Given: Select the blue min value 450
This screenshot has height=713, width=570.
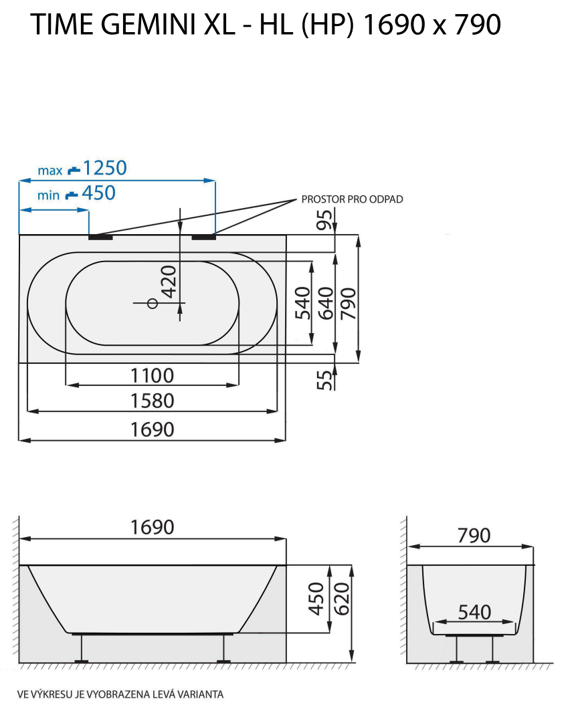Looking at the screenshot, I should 98,193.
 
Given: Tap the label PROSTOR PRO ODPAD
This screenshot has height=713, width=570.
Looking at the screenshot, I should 352,199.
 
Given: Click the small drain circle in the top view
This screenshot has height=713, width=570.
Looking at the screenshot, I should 152,304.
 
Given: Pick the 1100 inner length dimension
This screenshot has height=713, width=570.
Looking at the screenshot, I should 152,376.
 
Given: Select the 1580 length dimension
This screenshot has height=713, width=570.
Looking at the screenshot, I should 152,401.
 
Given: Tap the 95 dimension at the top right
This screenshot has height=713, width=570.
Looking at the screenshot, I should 325,219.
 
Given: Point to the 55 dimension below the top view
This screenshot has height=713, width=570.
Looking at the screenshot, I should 325,380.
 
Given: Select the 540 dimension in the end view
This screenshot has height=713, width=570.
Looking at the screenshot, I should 475,611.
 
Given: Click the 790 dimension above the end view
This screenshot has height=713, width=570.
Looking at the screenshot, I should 474,536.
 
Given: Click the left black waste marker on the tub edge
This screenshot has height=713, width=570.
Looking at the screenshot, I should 101,235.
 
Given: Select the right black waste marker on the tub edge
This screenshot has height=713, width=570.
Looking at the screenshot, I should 203,235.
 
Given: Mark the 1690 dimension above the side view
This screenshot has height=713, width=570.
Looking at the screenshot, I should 152,527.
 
